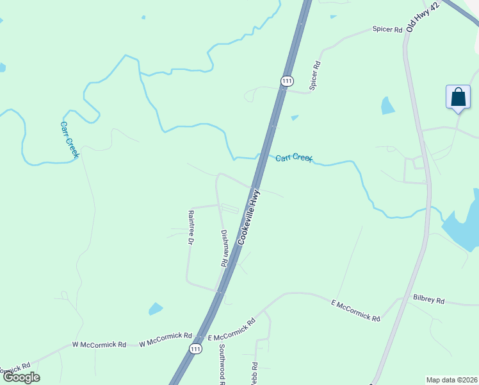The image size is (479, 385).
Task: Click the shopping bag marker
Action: pos(458,98)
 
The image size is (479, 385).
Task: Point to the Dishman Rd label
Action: pos(224,248)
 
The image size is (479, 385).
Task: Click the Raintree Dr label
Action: pos(190,227)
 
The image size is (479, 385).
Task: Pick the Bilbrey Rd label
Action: pos(428,299)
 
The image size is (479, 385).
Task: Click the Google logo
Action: pos(21,377)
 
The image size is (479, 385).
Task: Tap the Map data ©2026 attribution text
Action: pos(451,379)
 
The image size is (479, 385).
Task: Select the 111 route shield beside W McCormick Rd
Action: pos(195,348)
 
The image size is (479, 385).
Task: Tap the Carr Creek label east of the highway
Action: pos(294,157)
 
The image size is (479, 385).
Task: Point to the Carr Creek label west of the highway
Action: pos(69,139)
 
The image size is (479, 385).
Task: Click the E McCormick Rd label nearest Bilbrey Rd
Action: pos(355,310)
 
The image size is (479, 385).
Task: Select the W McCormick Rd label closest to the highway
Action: pos(166,336)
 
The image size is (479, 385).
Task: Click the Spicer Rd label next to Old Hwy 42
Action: pos(388,30)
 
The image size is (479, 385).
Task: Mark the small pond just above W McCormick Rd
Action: pos(156,309)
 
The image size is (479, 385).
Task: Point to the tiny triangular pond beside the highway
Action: pos(294,117)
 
